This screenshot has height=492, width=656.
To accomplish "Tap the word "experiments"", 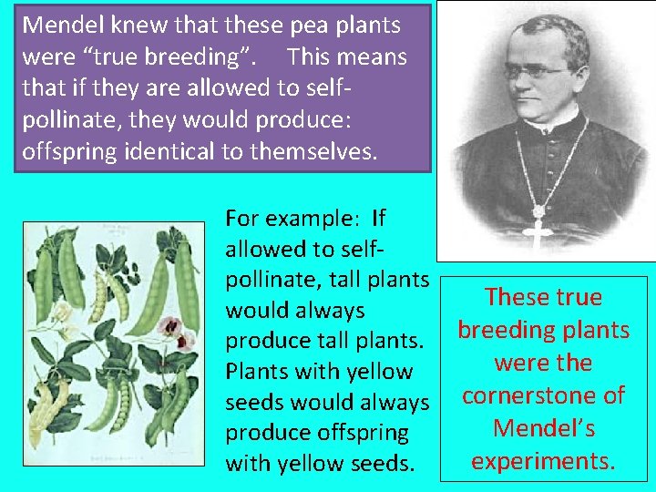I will coord(543,461).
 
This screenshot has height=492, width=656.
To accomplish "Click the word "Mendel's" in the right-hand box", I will coord(543,428).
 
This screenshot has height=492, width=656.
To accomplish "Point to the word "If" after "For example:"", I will coord(379,219).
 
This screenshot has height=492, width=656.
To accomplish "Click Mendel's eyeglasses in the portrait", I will coord(537,70).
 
